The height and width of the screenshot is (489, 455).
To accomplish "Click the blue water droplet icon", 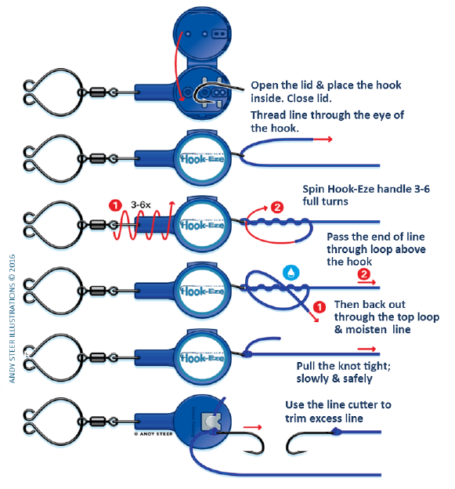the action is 291,273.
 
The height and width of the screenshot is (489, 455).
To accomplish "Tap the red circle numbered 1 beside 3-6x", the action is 115,205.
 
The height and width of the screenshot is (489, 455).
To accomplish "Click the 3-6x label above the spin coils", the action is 141,205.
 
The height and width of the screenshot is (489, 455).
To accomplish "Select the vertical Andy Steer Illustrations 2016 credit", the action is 13,319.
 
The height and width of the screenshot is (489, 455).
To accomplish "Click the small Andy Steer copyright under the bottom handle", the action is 153,434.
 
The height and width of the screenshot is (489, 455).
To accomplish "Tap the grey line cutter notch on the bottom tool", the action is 211,421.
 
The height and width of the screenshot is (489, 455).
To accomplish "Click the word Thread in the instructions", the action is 269,115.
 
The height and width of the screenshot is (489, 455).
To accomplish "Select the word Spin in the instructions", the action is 314,190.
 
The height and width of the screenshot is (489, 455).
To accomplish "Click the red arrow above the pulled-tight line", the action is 367,349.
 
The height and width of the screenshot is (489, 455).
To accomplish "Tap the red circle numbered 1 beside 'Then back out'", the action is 320,307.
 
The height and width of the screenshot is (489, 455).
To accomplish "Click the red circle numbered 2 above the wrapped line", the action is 277,207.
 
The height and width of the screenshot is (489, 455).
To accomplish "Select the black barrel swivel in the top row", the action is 98,92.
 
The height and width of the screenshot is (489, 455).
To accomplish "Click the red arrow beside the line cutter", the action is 252,427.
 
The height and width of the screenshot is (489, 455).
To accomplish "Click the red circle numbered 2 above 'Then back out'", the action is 363,274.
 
